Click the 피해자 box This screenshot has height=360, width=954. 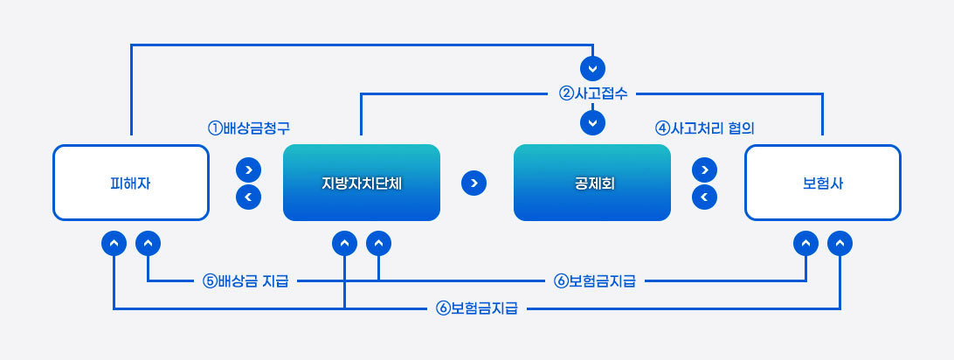coord(131,183)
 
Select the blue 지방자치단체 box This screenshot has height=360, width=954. coord(361,183)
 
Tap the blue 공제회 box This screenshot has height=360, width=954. coord(591,183)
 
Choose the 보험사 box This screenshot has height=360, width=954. coord(822,183)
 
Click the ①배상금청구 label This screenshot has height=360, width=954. coord(248,128)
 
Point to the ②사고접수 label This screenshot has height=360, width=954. coord(592,93)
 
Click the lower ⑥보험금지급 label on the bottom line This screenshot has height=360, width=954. coord(477,308)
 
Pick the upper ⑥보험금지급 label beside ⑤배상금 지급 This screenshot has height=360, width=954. coord(594,281)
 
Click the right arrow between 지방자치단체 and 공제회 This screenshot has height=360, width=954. coord(473,183)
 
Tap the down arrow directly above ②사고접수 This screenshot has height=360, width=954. coord(592,67)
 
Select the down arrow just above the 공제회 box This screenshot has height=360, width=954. coord(592,122)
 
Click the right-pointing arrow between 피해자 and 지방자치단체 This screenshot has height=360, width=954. coord(249,169)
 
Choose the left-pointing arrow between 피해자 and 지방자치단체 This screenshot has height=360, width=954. coord(249,197)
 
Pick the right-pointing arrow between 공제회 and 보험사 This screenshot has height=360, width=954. coord(704,169)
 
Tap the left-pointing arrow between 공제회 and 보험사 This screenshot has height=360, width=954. coord(704,197)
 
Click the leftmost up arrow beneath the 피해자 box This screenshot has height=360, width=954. coord(114,242)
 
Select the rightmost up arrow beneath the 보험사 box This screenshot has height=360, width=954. coord(840,242)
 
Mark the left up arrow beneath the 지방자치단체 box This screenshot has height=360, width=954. coord(345,242)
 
